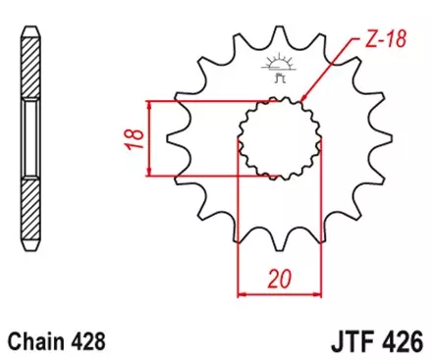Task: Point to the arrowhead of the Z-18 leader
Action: [303, 100]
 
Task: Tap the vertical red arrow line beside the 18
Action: [148, 138]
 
